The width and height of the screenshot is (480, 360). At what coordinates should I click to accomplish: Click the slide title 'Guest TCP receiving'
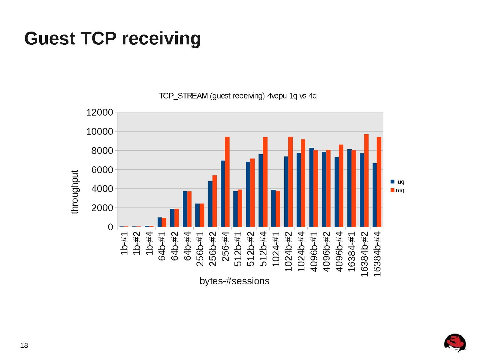112,38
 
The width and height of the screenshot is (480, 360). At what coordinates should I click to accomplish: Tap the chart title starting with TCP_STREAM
238,96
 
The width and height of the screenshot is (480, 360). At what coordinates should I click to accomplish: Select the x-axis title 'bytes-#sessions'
234,281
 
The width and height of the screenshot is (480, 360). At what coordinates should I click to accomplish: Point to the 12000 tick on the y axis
100,112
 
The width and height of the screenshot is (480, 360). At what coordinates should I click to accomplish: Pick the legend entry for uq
397,182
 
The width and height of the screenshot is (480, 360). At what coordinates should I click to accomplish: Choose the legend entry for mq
397,190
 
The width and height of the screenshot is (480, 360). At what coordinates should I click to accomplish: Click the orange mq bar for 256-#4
227,182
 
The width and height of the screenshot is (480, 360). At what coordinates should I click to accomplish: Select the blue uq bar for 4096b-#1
311,187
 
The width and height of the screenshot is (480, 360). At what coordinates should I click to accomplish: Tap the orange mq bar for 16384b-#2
366,180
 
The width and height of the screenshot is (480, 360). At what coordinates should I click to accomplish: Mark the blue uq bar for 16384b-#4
374,195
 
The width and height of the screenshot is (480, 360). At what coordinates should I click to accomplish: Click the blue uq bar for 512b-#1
235,209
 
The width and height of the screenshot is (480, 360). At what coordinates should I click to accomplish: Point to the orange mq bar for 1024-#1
278,209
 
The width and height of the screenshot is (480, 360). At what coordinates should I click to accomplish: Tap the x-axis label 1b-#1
124,243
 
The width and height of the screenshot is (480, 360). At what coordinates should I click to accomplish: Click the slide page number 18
24,345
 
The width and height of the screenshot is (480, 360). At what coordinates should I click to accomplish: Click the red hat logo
455,343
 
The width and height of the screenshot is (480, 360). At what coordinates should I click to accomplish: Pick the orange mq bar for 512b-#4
265,182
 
